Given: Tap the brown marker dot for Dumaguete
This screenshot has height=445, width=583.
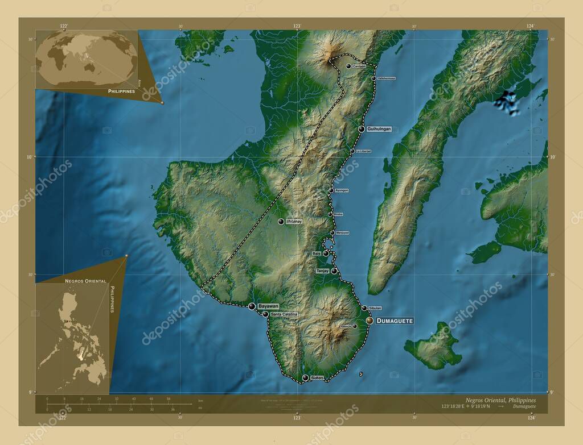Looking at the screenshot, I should coord(369,321).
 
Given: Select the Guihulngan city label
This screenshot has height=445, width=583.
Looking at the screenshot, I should coord(380,130).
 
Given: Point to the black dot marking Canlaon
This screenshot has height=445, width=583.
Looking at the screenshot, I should coord(348,66).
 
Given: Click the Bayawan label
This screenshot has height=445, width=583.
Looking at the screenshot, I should coord(270,306).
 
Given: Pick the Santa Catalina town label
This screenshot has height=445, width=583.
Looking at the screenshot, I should coord(284,314).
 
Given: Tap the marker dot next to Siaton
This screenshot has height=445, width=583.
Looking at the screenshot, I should coord(305,378).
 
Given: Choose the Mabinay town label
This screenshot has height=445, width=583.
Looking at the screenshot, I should coord(294,221).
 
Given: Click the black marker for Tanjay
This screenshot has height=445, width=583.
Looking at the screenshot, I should coord(334,271).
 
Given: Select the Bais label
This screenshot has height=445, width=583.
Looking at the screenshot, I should coord(317,253).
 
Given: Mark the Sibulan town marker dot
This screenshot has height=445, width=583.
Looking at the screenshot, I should coord(364,308).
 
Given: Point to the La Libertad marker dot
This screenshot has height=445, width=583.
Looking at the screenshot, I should coord(352,151).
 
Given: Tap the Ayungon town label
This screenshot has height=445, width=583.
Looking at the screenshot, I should coord(342,190).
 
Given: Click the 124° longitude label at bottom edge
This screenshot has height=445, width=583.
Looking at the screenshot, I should coord(531,418).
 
